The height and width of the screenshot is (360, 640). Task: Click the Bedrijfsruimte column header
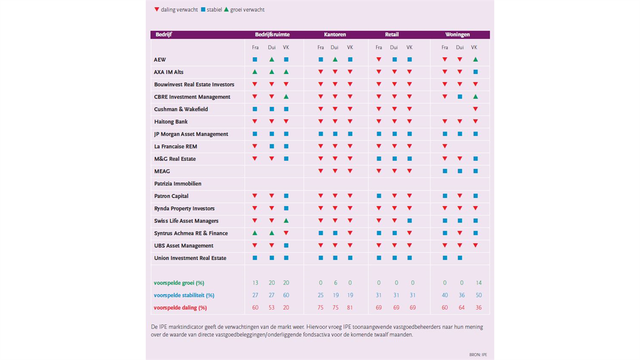pos(273,35)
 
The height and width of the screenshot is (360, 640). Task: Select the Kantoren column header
pos(335,35)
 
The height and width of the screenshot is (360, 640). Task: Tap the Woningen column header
pos(457,35)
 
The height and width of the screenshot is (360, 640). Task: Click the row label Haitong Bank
pos(171,122)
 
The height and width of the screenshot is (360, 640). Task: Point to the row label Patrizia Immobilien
pos(178,183)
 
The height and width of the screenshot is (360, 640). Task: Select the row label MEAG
pos(162,171)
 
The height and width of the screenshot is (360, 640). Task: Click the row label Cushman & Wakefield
pos(181,109)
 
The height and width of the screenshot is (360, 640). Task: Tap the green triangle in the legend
pos(226,10)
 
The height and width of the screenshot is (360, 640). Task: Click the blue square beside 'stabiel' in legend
pos(203,10)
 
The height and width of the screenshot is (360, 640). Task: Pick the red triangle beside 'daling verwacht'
pos(157,10)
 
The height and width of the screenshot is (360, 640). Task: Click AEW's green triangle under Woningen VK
pos(475,59)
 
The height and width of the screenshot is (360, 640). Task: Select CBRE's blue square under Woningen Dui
pos(460,97)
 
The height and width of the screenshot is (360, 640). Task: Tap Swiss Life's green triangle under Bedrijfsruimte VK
pos(286,221)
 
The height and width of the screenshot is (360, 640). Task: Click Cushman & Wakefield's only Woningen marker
pos(475,109)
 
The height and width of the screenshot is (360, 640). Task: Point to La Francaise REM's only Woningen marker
pos(445,146)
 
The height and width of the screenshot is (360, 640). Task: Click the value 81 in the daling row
pos(350,308)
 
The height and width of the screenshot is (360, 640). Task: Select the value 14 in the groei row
pos(478,283)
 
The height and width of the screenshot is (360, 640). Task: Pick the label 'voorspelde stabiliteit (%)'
pos(184,295)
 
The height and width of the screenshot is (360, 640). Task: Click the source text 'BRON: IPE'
pos(478,355)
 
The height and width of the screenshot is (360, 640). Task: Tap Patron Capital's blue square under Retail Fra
pos(379,196)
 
